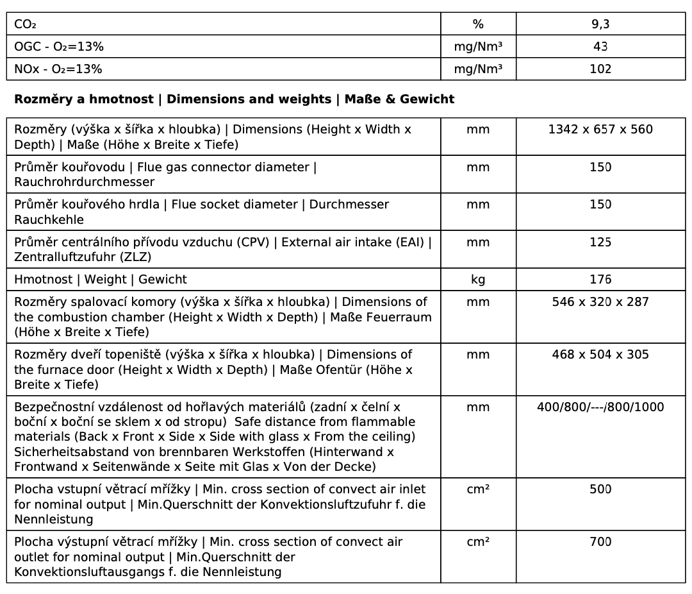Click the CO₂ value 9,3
pyautogui.click(x=600, y=24)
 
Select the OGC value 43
pyautogui.click(x=600, y=47)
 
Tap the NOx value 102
pyautogui.click(x=600, y=69)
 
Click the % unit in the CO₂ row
pyautogui.click(x=478, y=24)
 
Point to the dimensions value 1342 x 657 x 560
pyautogui.click(x=600, y=129)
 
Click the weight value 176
pyautogui.click(x=600, y=279)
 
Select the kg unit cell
pyautogui.click(x=478, y=279)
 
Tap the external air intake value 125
pyautogui.click(x=600, y=242)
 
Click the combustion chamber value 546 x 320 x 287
pyautogui.click(x=600, y=301)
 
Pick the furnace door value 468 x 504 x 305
pyautogui.click(x=600, y=354)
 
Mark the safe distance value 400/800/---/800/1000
pyautogui.click(x=600, y=407)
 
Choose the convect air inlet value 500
pyautogui.click(x=600, y=489)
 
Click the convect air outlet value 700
pyautogui.click(x=600, y=541)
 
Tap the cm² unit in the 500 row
pyautogui.click(x=478, y=489)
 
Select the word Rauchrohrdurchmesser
pyautogui.click(x=85, y=182)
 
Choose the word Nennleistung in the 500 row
pyautogui.click(x=54, y=519)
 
